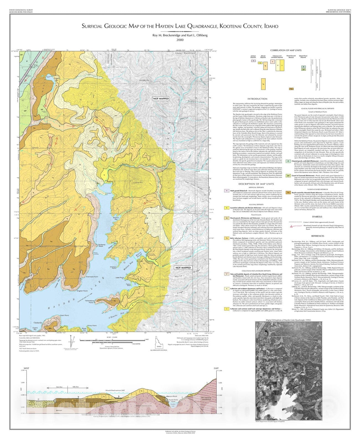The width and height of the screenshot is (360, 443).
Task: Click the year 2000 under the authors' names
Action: click(180, 40)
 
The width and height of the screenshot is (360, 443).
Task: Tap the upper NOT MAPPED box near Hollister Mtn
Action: click(161, 99)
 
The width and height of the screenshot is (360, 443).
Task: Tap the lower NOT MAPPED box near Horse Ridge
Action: click(183, 268)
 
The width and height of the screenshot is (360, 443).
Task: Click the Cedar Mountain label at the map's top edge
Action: click(187, 53)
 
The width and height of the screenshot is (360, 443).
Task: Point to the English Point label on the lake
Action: click(82, 291)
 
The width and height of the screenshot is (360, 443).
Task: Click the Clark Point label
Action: click(64, 315)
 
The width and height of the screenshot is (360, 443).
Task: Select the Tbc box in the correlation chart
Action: click(291, 89)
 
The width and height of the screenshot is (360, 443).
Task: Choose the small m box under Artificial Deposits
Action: click(253, 61)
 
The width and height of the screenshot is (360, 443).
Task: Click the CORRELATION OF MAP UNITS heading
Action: click(286, 50)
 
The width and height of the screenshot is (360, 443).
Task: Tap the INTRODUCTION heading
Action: click(257, 99)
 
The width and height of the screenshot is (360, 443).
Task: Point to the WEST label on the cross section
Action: click(26, 368)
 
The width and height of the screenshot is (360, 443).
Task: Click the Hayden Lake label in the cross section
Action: click(173, 405)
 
